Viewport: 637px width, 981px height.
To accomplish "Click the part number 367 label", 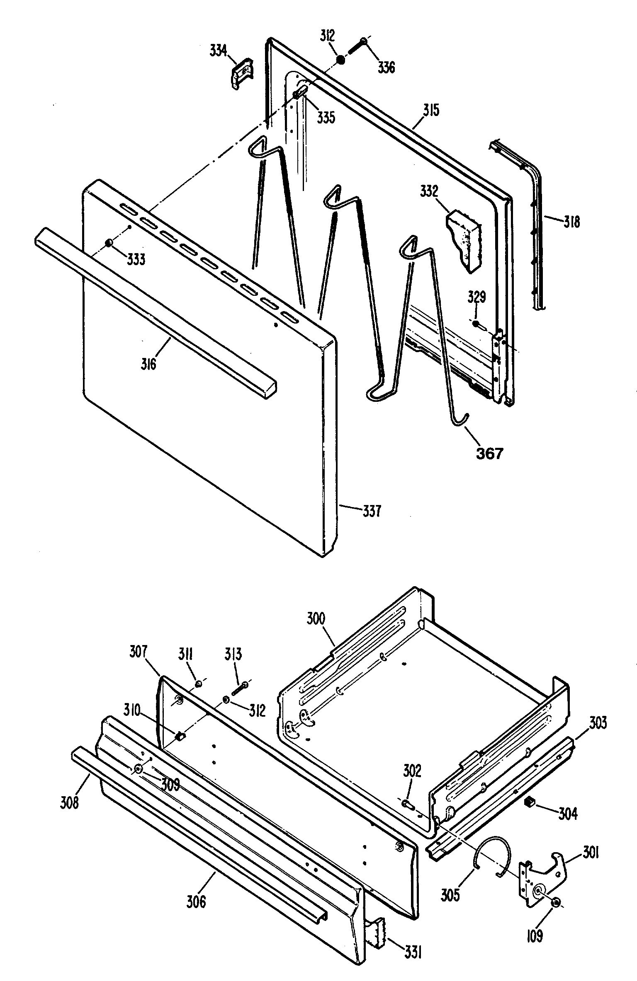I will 489,453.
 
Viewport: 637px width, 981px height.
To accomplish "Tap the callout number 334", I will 218,51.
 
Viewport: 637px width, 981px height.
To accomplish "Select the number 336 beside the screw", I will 386,67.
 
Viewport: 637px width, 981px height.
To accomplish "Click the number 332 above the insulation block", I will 429,191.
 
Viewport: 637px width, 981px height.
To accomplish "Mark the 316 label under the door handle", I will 148,364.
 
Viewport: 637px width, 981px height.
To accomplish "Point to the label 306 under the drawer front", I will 196,901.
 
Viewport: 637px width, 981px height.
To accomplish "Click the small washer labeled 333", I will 109,243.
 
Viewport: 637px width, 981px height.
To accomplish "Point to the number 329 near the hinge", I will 477,297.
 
